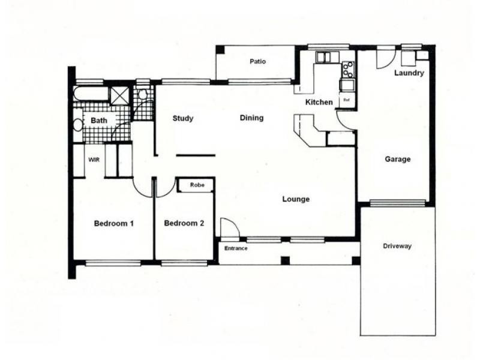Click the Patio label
[x=257, y=62]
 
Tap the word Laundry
[x=409, y=73]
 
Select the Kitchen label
[x=319, y=102]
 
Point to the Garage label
[x=397, y=160]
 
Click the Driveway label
[x=397, y=247]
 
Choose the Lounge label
[x=296, y=199]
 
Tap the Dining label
[x=251, y=118]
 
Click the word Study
[x=183, y=118]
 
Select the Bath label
[x=99, y=121]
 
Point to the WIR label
[x=94, y=160]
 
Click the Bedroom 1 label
[x=113, y=224]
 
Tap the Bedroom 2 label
[x=184, y=224]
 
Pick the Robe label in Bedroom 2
[x=197, y=185]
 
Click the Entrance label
[x=235, y=248]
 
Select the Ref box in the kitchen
[x=347, y=100]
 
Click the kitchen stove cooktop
[x=347, y=70]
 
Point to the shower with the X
[x=120, y=95]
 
